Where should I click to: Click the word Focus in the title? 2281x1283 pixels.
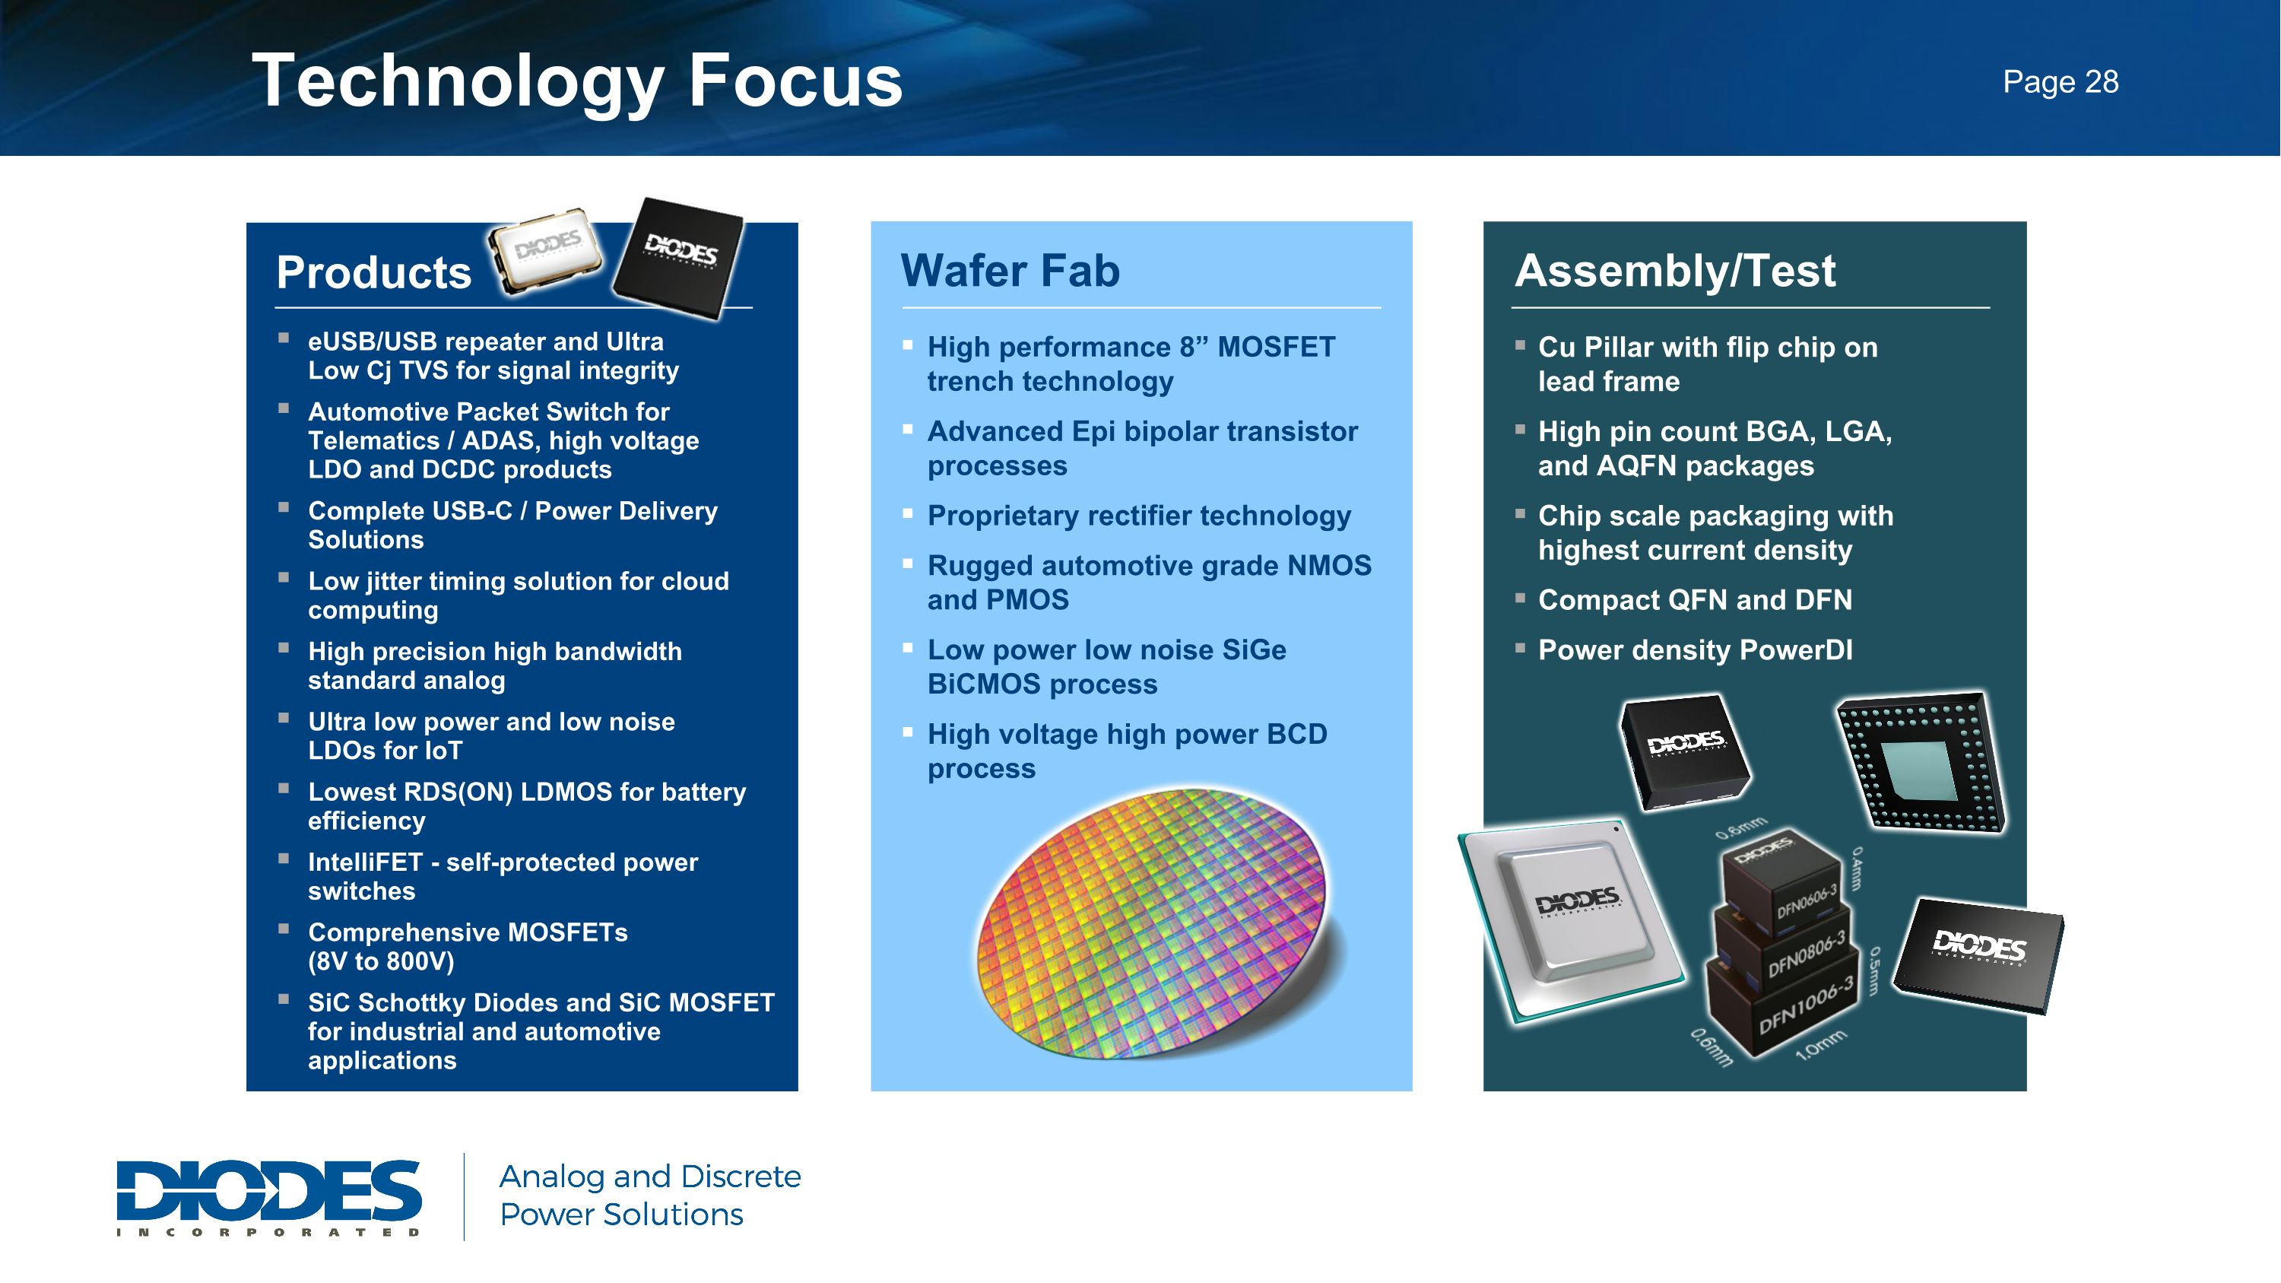(x=795, y=81)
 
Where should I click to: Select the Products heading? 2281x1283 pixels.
(x=373, y=272)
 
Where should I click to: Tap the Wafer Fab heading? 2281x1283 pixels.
(x=1010, y=270)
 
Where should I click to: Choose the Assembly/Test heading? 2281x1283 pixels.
(x=1674, y=270)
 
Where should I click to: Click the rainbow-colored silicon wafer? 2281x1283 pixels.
(x=1151, y=921)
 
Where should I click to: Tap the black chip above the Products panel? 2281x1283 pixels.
(x=680, y=257)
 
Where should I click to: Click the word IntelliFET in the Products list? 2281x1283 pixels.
(x=365, y=862)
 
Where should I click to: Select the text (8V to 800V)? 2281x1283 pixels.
(x=381, y=961)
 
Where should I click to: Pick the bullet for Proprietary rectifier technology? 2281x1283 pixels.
(x=908, y=513)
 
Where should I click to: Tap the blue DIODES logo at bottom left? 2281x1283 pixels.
(x=268, y=1196)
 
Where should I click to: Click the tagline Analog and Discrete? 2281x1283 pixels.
(x=649, y=1176)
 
